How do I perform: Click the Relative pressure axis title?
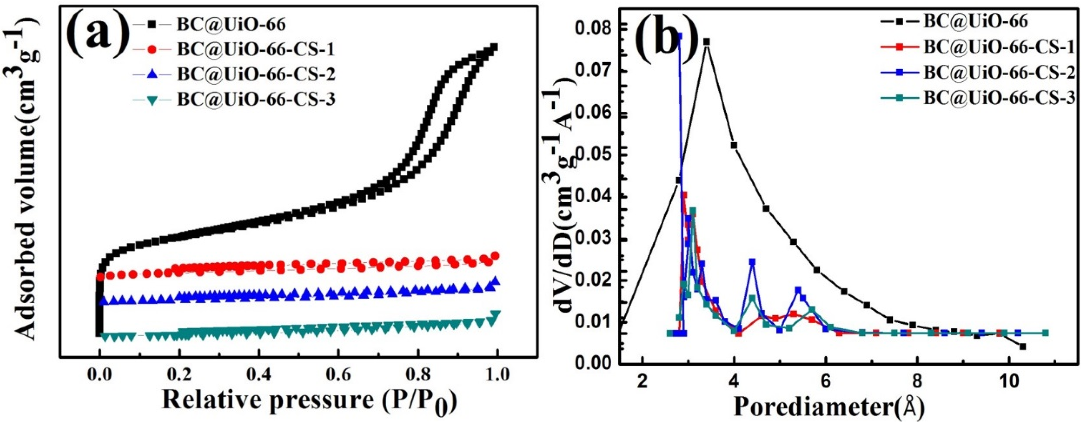309,401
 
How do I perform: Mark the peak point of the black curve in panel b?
706,41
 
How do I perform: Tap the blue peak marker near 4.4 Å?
752,261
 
